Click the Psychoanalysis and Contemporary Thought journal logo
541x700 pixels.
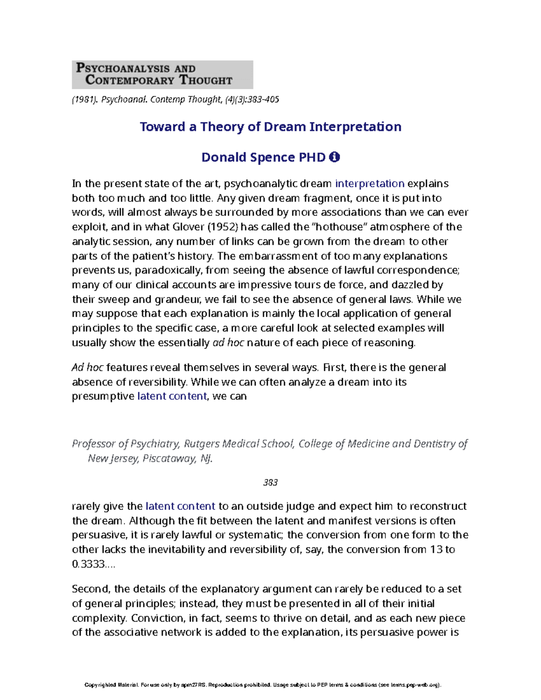pyautogui.click(x=162, y=75)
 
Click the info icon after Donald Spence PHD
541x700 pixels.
pyautogui.click(x=335, y=157)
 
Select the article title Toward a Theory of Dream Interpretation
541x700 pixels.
pyautogui.click(x=270, y=127)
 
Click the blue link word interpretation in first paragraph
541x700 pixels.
pyautogui.click(x=370, y=183)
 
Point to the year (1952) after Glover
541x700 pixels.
pyautogui.click(x=214, y=227)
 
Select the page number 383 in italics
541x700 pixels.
pyautogui.click(x=270, y=482)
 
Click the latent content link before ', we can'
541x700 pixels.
pyautogui.click(x=172, y=396)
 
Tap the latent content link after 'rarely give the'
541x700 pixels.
pyautogui.click(x=180, y=506)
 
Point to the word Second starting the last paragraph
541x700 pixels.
pyautogui.click(x=91, y=589)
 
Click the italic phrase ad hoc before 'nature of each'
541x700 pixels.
pyautogui.click(x=228, y=343)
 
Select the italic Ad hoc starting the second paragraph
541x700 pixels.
pyautogui.click(x=87, y=367)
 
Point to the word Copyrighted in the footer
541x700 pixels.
pyautogui.click(x=100, y=685)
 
